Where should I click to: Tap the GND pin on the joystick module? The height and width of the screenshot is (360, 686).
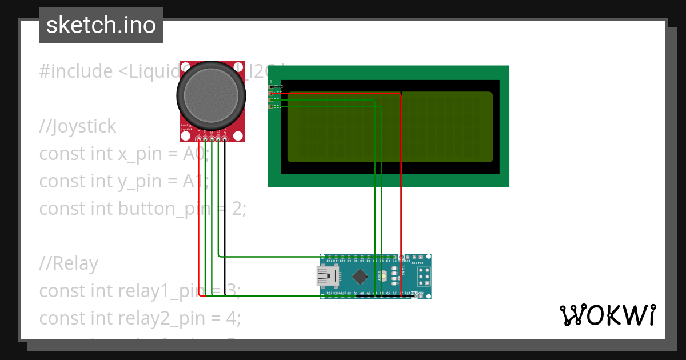[x=225, y=139]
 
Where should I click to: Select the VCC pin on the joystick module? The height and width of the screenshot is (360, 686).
[x=198, y=139]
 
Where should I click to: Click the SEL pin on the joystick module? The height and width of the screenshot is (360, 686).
[x=218, y=139]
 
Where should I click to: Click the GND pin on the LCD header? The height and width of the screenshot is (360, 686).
[x=272, y=86]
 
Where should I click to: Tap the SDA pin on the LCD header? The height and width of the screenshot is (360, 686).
[x=272, y=100]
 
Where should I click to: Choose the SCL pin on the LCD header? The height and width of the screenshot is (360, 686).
[x=272, y=106]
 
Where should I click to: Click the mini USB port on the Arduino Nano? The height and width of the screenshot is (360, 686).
[x=326, y=277]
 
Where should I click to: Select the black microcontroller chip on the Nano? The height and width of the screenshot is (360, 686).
[x=360, y=277]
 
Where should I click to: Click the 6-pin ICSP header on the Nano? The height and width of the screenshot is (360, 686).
[x=424, y=277]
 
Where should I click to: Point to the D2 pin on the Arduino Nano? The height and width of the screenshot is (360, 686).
[x=394, y=258]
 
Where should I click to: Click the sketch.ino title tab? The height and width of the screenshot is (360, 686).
[x=101, y=25]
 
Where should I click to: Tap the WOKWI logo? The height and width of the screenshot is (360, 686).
[x=607, y=315]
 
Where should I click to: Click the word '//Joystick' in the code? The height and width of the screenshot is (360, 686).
[x=78, y=126]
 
